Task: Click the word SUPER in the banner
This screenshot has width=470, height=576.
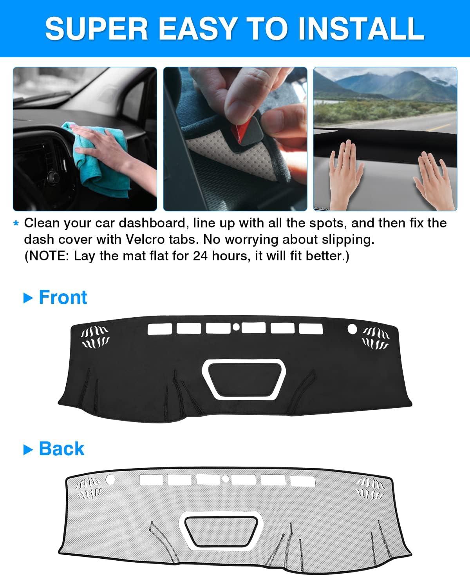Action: (97, 28)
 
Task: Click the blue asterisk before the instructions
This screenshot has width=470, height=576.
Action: (16, 223)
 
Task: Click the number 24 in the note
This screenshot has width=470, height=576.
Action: (201, 256)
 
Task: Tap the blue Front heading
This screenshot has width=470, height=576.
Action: (63, 297)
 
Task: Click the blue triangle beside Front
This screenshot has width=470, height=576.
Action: (28, 298)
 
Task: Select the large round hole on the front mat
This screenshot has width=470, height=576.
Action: (352, 329)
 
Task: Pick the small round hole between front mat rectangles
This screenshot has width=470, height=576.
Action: (236, 327)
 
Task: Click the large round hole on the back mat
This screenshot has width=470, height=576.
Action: (110, 480)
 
